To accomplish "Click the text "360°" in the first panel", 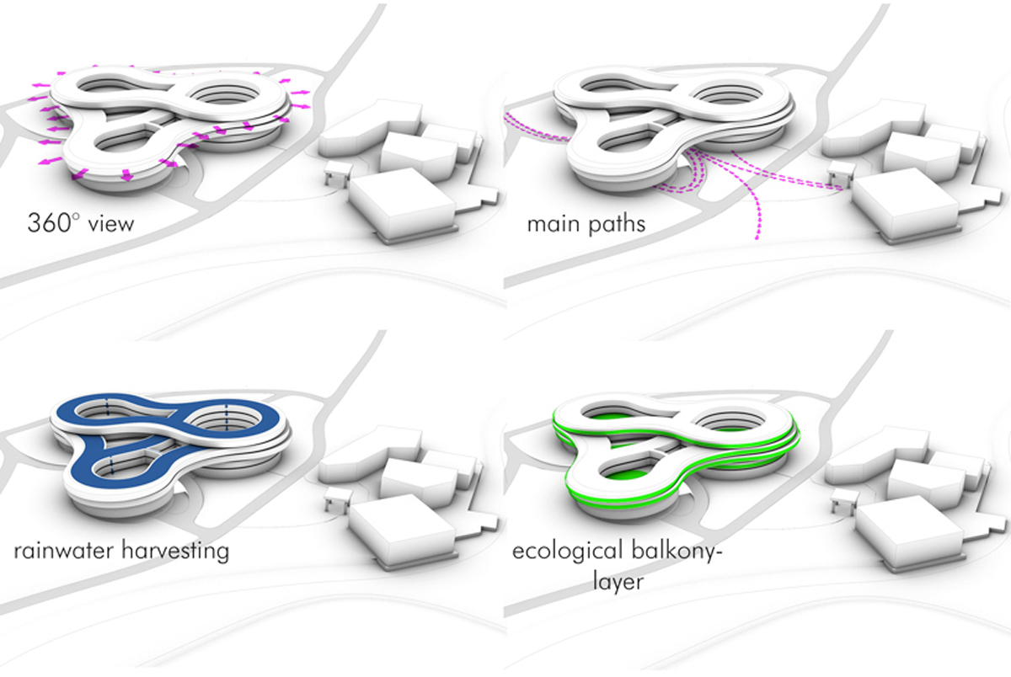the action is pos(53,223).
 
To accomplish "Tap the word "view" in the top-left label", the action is pos(111,224).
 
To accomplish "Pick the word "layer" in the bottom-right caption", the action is pos(618,581).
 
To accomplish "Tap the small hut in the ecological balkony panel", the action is pos(842,498).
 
